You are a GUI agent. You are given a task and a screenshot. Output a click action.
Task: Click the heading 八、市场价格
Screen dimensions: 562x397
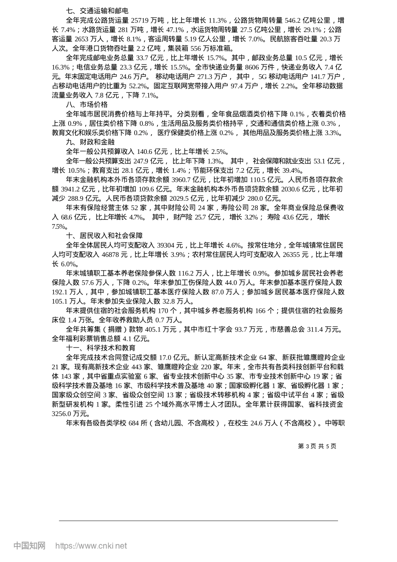[87, 105]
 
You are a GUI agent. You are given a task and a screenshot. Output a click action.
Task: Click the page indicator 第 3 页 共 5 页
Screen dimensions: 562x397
[317, 446]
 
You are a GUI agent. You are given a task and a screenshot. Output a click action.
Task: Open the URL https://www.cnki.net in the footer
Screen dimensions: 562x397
[91, 546]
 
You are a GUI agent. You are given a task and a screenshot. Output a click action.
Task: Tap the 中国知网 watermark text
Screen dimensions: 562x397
[29, 546]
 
